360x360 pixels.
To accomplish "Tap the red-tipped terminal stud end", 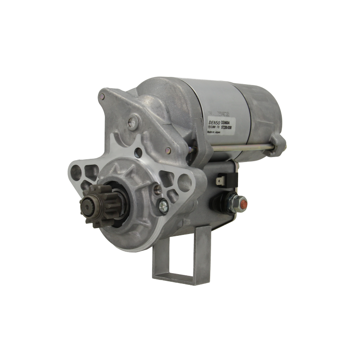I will point(243,206).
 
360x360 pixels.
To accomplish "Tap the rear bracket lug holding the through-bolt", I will point(279,144).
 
